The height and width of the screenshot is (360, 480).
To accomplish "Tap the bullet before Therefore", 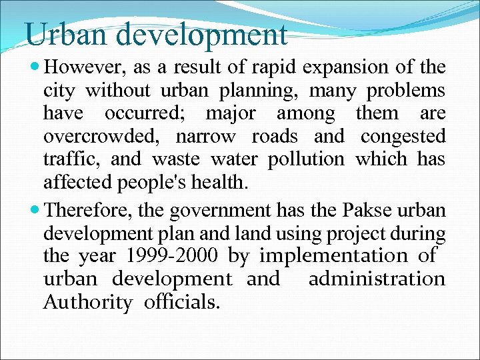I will click(x=35, y=211).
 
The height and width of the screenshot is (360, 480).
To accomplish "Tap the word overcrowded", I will click(x=102, y=137).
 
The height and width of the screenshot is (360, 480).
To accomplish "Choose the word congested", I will click(x=403, y=137).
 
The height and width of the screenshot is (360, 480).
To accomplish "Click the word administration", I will click(x=377, y=279).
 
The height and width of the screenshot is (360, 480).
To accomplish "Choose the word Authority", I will click(x=87, y=302).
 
